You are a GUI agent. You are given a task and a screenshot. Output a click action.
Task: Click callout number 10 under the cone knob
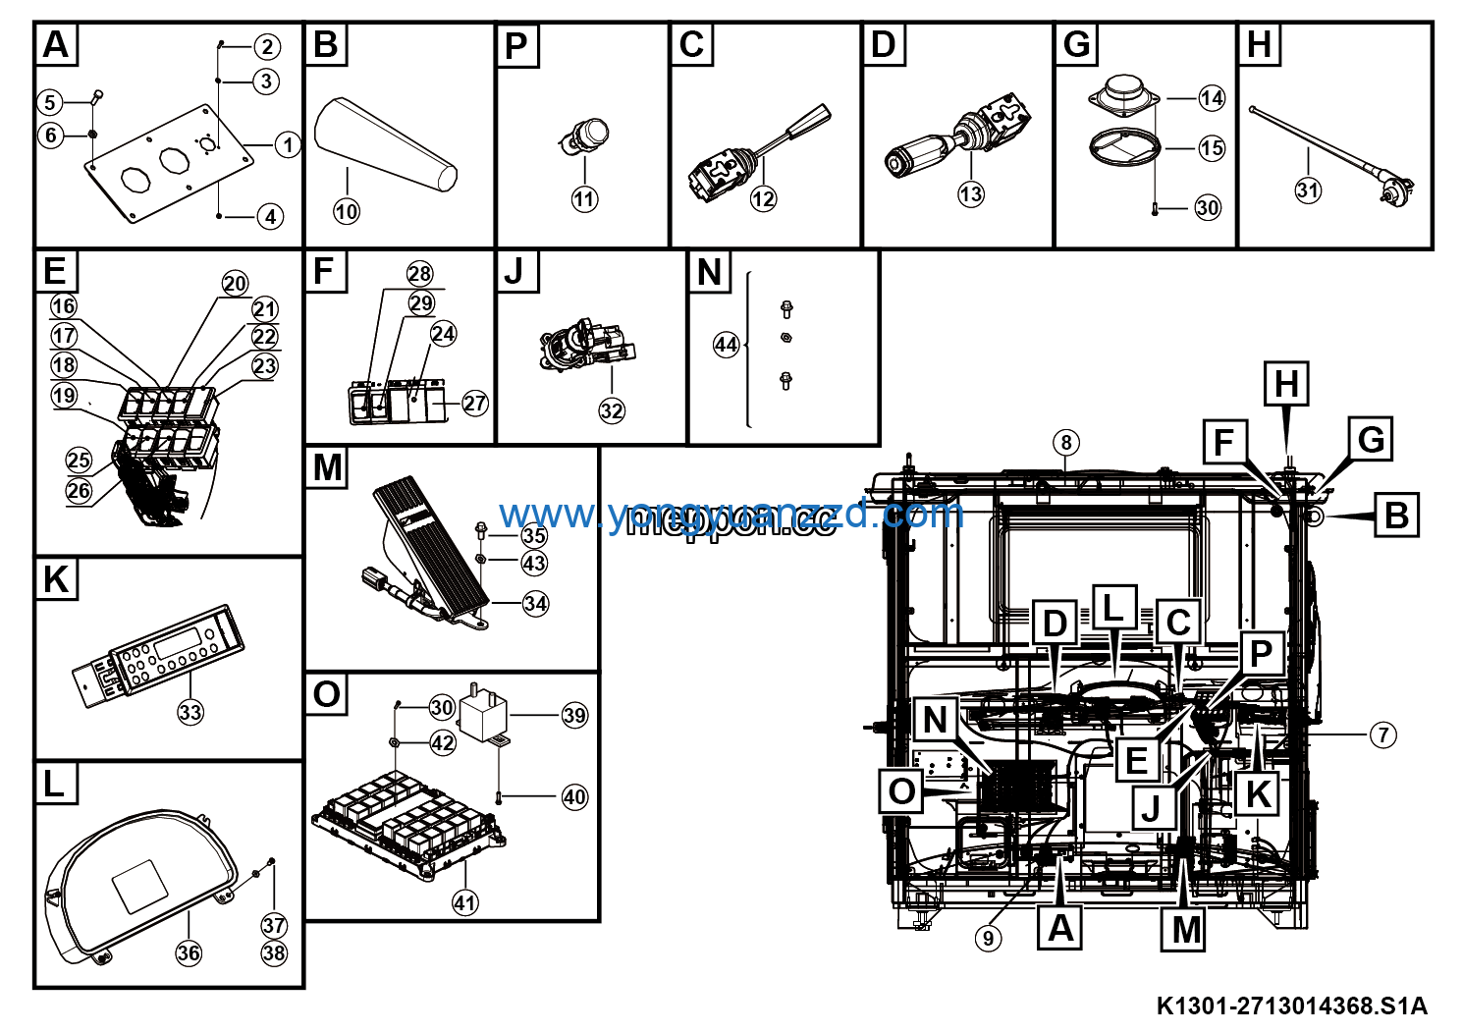347,211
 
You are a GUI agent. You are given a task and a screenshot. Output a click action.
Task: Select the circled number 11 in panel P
584,199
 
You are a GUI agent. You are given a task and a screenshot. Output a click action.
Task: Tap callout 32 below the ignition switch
612,410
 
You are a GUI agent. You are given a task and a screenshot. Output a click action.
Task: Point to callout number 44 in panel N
726,345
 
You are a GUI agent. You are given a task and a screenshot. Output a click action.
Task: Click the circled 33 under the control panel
190,712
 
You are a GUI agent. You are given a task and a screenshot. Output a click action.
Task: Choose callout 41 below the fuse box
464,902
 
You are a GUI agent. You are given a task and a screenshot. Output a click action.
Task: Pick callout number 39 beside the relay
574,715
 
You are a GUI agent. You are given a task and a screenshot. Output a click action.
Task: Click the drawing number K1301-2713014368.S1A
1291,1006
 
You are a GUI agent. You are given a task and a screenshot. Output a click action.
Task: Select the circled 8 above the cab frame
1066,443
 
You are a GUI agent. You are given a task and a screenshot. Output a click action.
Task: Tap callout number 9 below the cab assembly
989,938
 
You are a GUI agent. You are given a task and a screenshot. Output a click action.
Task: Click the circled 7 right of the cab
1382,734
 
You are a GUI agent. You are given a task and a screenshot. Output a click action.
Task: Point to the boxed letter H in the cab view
1286,383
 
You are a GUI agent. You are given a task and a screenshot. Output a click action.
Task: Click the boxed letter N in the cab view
935,719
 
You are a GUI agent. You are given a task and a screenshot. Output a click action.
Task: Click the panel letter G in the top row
1077,45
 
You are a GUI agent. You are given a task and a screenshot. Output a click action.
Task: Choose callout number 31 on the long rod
1308,190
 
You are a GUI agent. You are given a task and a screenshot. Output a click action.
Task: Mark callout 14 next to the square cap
1212,97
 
